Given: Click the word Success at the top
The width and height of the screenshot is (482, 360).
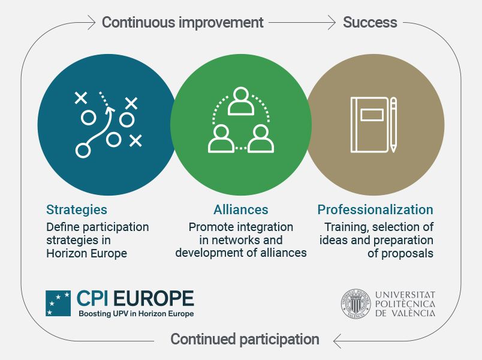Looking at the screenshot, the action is pos(370,22).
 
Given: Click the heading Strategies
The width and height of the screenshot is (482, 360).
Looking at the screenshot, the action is pos(77,210).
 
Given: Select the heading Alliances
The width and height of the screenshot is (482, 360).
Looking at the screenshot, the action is pos(241,209).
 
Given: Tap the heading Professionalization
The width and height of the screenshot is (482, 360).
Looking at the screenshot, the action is pos(375,209).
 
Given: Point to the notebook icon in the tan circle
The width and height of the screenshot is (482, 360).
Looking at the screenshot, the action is pos(370,125).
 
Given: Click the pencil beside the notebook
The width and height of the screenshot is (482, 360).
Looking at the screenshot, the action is pos(393,125).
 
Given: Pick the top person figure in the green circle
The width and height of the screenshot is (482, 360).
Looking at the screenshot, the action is pos(241,101).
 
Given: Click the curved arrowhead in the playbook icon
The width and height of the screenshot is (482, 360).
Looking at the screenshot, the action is pos(110,110).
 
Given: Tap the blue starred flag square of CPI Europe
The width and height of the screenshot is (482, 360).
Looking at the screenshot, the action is pos(58,304).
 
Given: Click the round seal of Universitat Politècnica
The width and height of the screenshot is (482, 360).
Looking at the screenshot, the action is pos(356,304).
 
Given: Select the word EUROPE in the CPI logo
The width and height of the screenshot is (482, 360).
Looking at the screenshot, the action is pos(153,298).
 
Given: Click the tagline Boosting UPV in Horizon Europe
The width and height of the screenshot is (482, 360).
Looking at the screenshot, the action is pos(136,314).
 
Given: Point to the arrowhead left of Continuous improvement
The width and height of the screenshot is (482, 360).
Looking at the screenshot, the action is pos(92,22).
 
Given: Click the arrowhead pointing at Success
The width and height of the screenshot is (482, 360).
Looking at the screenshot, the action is pos(332,22).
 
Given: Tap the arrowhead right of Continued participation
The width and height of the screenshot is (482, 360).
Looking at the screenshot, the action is pos(337,341).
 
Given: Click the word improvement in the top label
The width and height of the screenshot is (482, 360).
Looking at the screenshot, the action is pos(221,22).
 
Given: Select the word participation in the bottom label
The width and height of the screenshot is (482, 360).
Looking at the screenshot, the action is pos(279,340).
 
